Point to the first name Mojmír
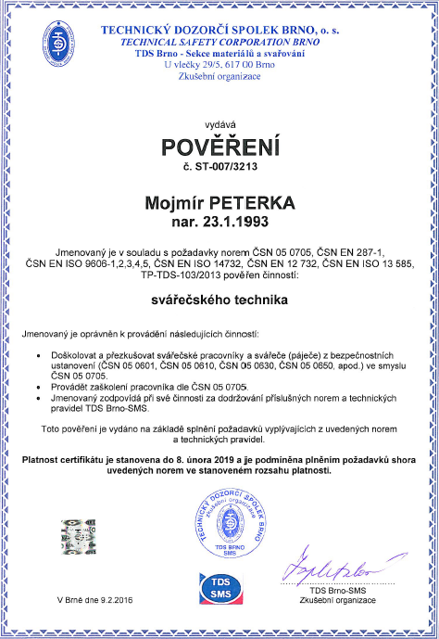click(178, 201)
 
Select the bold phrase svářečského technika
click(219, 300)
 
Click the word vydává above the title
click(219, 122)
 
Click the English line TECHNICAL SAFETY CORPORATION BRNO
click(219, 43)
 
